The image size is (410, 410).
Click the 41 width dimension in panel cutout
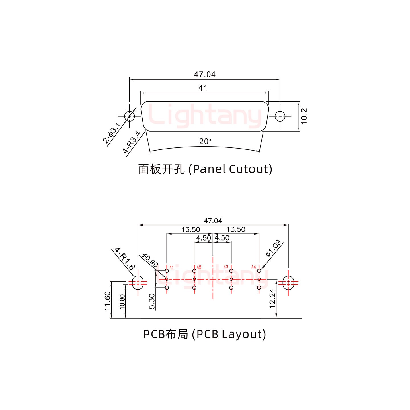pyautogui.click(x=203, y=88)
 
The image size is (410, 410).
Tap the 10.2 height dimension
pyautogui.click(x=304, y=116)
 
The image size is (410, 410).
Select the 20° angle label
pyautogui.click(x=205, y=141)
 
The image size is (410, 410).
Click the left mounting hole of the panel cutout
pyautogui.click(x=130, y=116)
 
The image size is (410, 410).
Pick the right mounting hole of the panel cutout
pyautogui.click(x=280, y=116)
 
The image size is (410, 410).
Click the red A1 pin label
pyautogui.click(x=171, y=267)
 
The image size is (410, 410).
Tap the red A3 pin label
pyautogui.click(x=226, y=267)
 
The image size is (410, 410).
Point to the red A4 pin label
pyautogui.click(x=253, y=267)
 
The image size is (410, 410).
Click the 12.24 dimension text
pyautogui.click(x=272, y=298)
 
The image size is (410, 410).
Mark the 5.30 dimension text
pyautogui.click(x=152, y=302)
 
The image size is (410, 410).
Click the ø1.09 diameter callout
pyautogui.click(x=273, y=248)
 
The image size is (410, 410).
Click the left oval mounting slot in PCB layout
pyautogui.click(x=138, y=282)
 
